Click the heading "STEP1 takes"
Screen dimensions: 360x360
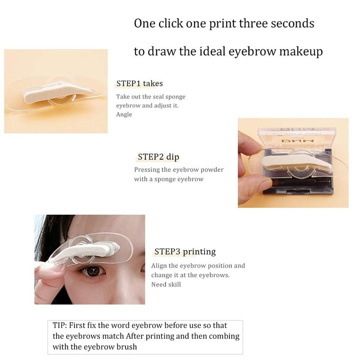coord(139,83)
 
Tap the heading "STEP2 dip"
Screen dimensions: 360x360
coord(159,157)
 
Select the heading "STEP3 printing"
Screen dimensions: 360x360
coord(185,252)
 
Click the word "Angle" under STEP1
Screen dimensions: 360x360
coord(124,114)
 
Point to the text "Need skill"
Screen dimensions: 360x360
coord(166,284)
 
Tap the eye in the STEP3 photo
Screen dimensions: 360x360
coord(93,271)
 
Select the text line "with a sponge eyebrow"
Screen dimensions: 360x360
coord(169,179)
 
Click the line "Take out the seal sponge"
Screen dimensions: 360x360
coord(151,97)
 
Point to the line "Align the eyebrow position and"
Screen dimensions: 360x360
coord(198,266)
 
